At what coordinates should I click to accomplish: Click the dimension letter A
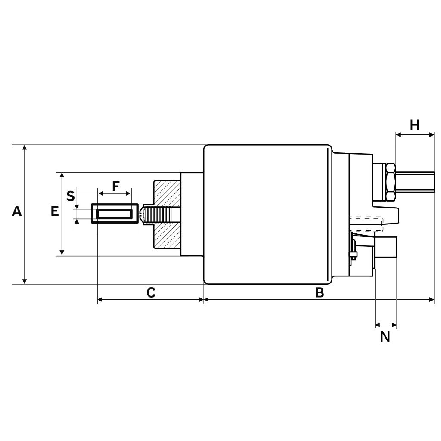click(x=17, y=211)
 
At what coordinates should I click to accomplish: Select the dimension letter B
click(x=319, y=293)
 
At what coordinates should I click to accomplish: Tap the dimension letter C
click(x=151, y=293)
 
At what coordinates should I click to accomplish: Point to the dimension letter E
click(x=55, y=211)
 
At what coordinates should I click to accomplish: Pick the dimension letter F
click(x=115, y=186)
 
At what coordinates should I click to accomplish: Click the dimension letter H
click(x=414, y=125)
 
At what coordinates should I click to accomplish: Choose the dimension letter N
click(x=385, y=337)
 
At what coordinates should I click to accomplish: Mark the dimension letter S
click(x=71, y=196)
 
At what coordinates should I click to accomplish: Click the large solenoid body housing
click(x=267, y=214)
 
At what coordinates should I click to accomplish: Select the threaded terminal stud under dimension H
click(x=416, y=182)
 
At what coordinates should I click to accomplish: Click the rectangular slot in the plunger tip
click(x=114, y=214)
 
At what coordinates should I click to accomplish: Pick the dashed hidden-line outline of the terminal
click(x=366, y=223)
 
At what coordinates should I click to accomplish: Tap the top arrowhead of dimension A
click(x=25, y=148)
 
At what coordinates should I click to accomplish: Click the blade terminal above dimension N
click(x=386, y=247)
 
